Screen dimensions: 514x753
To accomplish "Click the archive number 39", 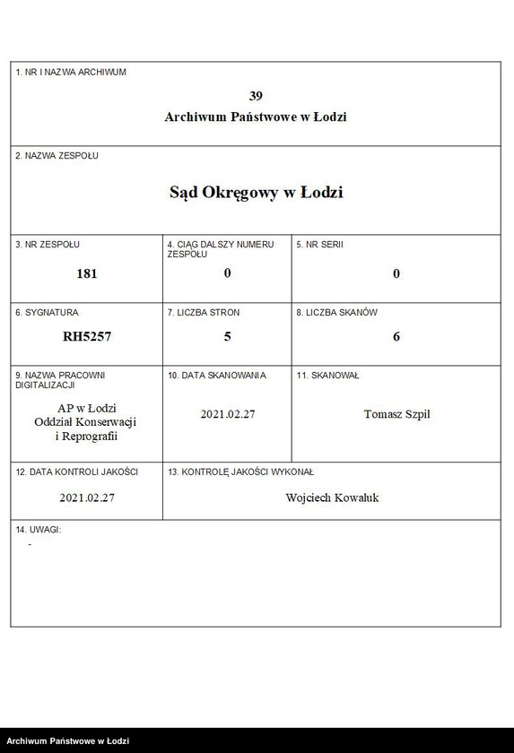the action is [x=256, y=96].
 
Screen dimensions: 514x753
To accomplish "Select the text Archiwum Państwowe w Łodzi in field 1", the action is [x=256, y=117].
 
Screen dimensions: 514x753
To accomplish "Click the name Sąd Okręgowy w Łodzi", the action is [x=256, y=192].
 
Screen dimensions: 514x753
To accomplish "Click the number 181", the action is [x=87, y=273].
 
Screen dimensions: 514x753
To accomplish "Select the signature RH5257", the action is [x=87, y=337].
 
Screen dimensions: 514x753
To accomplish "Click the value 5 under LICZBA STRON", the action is [x=227, y=336].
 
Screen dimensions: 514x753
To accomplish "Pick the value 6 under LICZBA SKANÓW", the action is [x=396, y=337].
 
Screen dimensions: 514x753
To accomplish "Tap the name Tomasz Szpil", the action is [x=396, y=414].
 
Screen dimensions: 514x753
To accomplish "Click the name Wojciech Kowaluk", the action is [x=332, y=498].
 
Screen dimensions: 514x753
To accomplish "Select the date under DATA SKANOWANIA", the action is [x=227, y=414].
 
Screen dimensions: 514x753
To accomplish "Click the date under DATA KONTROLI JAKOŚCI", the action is [x=87, y=498].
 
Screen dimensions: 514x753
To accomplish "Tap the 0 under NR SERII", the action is [x=396, y=273].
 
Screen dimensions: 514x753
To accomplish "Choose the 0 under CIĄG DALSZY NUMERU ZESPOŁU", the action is [x=227, y=273].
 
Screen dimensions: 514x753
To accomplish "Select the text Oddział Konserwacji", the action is [x=87, y=422].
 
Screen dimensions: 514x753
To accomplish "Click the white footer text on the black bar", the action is [x=67, y=741].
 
